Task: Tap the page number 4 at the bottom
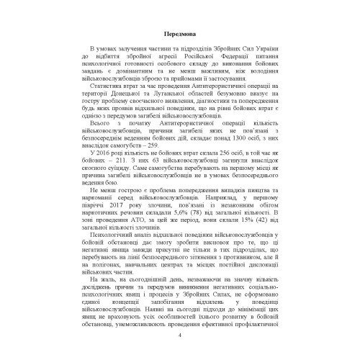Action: pos(180,336)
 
